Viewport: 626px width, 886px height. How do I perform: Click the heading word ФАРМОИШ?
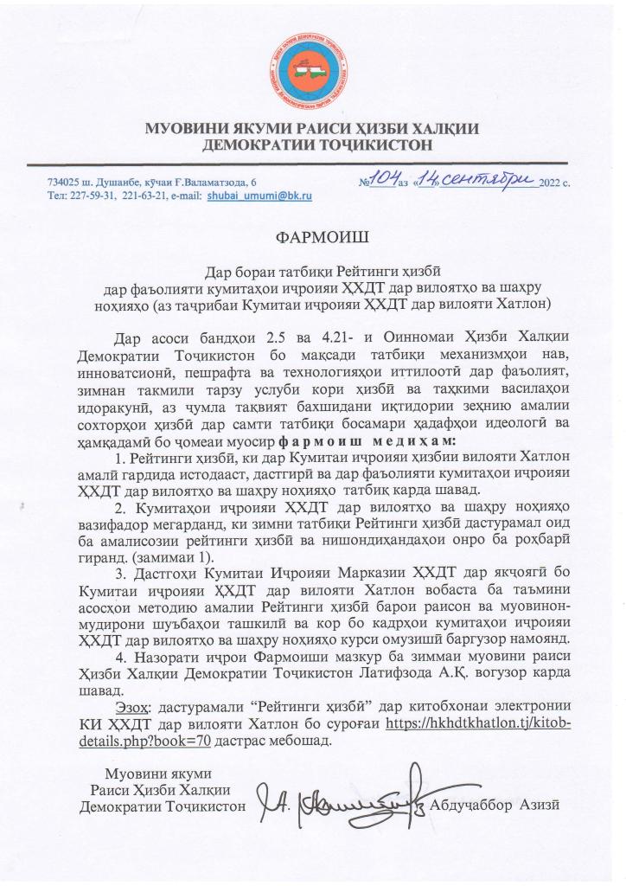312,234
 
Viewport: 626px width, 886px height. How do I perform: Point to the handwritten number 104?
378,179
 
